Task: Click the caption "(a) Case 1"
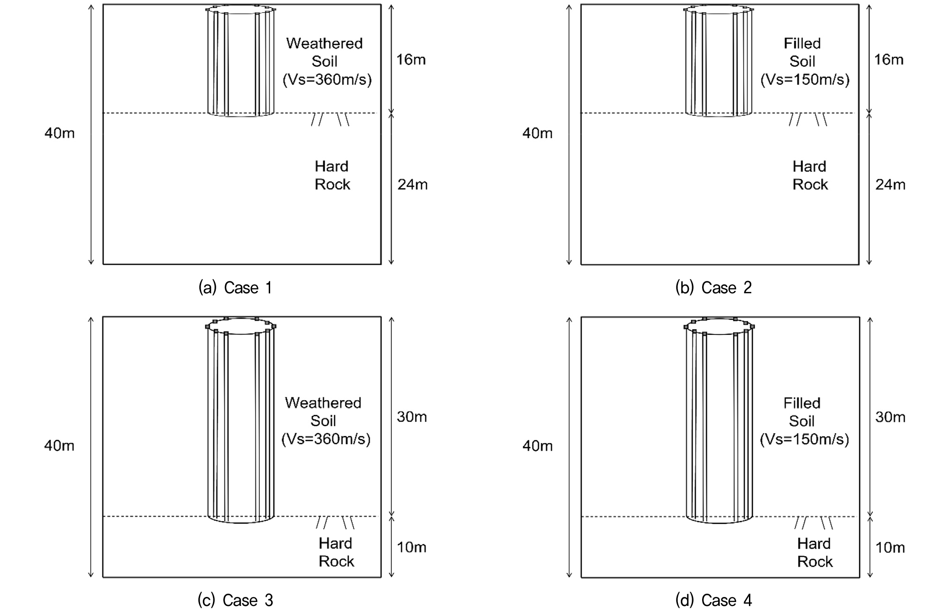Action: click(235, 288)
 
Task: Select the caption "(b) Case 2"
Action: click(713, 288)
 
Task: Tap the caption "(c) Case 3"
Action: click(235, 600)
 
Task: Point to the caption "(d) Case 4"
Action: click(713, 600)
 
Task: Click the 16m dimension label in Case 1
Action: click(411, 60)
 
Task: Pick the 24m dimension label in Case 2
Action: click(890, 184)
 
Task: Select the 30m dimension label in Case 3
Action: click(412, 417)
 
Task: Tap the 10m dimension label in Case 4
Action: click(890, 548)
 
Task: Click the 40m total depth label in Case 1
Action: click(60, 133)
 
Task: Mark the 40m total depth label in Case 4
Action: click(537, 446)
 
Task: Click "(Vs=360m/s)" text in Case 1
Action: click(327, 79)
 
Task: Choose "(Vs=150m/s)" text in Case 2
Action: click(805, 79)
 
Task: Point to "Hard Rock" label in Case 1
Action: click(332, 175)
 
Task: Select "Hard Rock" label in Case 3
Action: click(336, 552)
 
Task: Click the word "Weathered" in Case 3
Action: click(323, 403)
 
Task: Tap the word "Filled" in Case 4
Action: click(802, 403)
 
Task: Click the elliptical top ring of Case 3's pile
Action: click(240, 334)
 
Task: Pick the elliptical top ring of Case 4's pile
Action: click(719, 334)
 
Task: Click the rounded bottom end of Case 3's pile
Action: click(241, 523)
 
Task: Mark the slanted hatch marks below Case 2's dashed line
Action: click(808, 120)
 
